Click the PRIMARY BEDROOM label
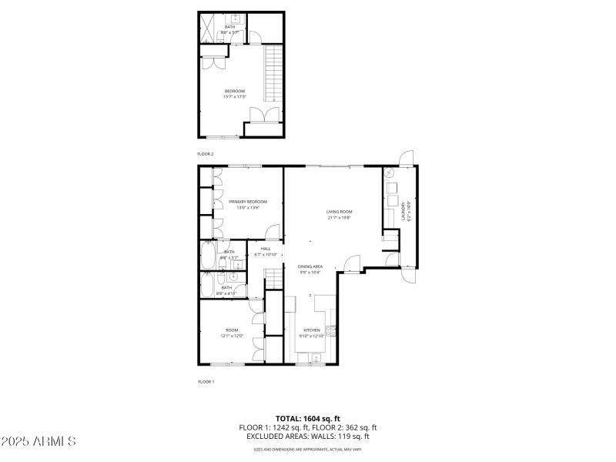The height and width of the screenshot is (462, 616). coord(243,201)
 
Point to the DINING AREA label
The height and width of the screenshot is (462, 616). coord(310,266)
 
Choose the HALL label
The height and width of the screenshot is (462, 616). coord(266,249)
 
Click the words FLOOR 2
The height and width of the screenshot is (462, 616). coord(206,154)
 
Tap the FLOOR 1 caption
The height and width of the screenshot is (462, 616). coord(206,381)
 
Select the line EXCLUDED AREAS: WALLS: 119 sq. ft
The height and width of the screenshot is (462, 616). coord(308,436)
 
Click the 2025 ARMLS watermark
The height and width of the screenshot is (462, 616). coord(38,442)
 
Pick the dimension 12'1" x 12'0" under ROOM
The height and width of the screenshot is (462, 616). coord(233,336)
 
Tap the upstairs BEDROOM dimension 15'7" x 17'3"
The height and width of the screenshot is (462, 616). coord(235,97)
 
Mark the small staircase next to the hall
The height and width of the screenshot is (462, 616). coord(274,278)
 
